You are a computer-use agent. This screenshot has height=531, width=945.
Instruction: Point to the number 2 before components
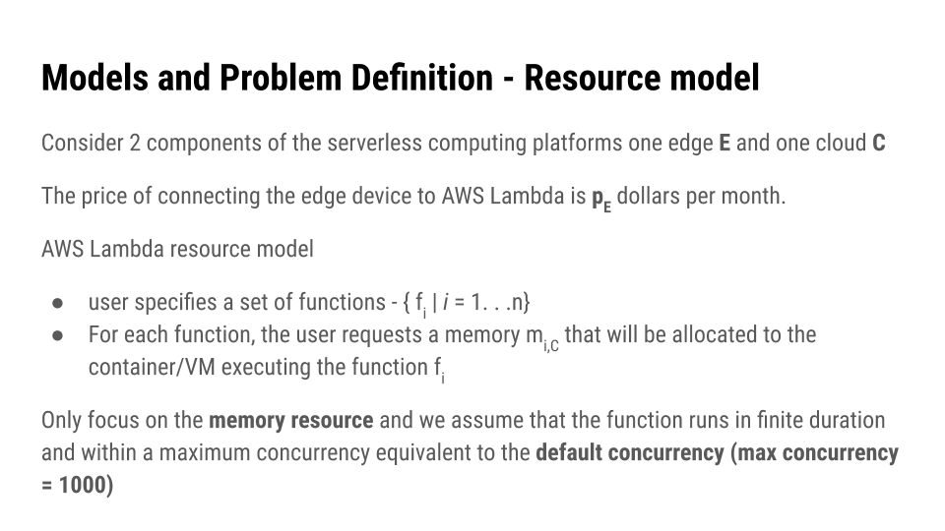pos(134,144)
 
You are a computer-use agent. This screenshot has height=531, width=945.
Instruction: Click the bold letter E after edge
pos(724,144)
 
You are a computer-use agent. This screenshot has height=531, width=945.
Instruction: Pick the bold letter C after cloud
pos(878,144)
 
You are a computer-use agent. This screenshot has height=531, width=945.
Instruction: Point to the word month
pos(755,196)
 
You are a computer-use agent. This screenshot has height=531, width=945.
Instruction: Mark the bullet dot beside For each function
pos(57,335)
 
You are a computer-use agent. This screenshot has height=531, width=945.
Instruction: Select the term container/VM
pos(152,368)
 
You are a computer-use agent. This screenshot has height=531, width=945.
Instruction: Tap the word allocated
pos(698,334)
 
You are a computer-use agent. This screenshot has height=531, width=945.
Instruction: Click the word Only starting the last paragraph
pos(61,421)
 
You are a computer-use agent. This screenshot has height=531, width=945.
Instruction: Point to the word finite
pos(767,421)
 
